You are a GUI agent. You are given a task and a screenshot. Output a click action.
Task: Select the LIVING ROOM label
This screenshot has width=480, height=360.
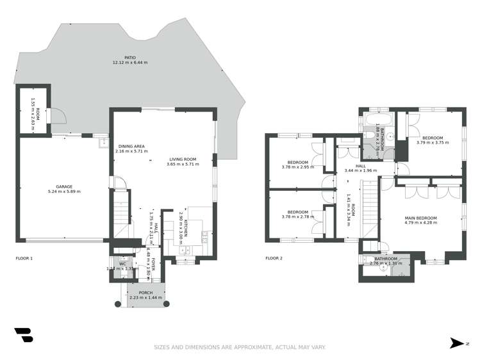point(183,159)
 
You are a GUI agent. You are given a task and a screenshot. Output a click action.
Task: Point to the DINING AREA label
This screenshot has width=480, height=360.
point(130,146)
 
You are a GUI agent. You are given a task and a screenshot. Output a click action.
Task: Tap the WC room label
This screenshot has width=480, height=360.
point(122,264)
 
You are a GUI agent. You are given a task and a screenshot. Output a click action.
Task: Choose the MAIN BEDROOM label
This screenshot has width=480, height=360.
point(420,218)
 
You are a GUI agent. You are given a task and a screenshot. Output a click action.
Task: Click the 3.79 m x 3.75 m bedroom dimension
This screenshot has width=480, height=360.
point(433,143)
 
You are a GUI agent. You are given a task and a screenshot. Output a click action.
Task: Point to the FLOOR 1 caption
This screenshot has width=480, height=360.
point(24,259)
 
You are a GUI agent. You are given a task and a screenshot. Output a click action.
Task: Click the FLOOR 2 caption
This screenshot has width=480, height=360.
point(274,259)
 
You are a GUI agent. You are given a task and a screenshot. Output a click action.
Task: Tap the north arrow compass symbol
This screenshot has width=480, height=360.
point(456,343)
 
